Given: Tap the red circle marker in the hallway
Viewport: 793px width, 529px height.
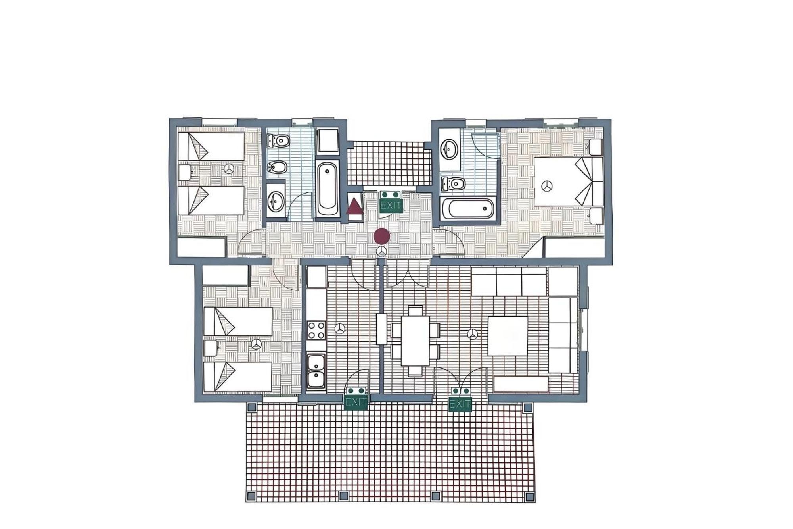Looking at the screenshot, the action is pyautogui.click(x=382, y=236).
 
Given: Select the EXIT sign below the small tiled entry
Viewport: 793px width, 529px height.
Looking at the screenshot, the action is pyautogui.click(x=391, y=202).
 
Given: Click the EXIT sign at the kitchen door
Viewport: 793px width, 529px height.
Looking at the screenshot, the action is pyautogui.click(x=356, y=398).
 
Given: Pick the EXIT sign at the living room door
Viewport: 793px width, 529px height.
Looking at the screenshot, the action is pyautogui.click(x=460, y=400).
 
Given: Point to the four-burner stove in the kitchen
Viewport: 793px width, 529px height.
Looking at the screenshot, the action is pyautogui.click(x=316, y=330).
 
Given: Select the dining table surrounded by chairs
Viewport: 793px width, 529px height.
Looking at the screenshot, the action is pyautogui.click(x=415, y=340).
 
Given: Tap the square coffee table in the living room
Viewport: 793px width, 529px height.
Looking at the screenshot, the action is pyautogui.click(x=508, y=336).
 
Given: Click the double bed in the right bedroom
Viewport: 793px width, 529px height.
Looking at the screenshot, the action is pyautogui.click(x=569, y=182).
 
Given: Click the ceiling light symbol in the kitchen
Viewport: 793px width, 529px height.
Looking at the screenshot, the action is pyautogui.click(x=340, y=329).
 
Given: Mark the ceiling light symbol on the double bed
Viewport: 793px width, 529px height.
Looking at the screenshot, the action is pyautogui.click(x=547, y=187).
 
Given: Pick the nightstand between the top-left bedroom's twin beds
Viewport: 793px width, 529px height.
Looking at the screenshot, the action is pyautogui.click(x=185, y=173).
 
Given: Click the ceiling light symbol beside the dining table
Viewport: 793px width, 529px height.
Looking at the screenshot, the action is pyautogui.click(x=472, y=335).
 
